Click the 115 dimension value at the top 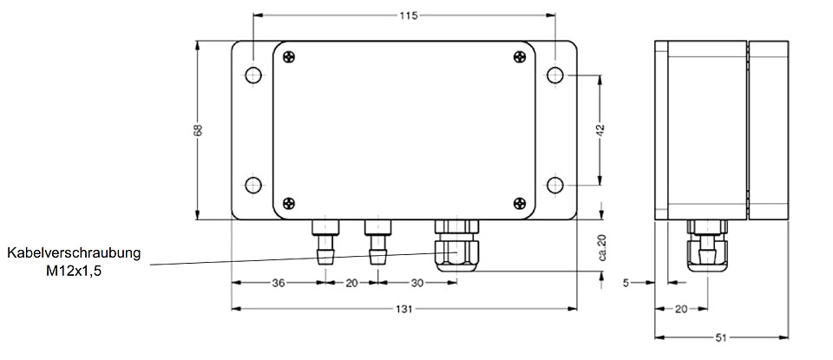tap(408, 16)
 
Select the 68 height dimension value tap(198, 130)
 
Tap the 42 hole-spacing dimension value tap(600, 131)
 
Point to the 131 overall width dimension tap(403, 309)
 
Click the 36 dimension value tap(278, 283)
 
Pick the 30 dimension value tap(417, 283)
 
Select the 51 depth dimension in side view tap(721, 337)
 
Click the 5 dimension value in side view tap(626, 283)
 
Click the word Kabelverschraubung tap(74, 253)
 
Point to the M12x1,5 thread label tap(74, 272)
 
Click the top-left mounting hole tap(253, 75)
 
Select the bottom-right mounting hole tap(554, 186)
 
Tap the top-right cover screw tap(520, 57)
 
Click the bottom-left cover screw tap(288, 203)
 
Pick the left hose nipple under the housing tap(325, 242)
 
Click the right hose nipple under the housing tap(377, 242)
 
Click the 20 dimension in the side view tap(681, 309)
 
